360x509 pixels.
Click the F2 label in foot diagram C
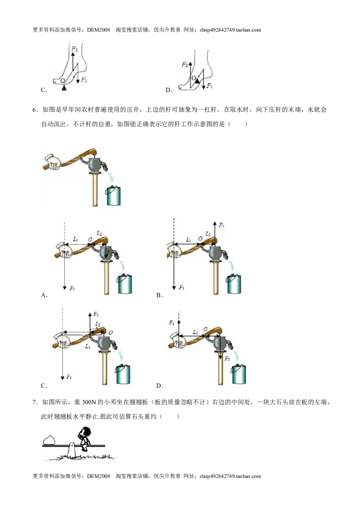74,49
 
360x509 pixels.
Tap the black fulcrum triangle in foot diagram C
64,88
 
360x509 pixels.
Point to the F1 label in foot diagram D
210,86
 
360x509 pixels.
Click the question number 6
35,110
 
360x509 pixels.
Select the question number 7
35,402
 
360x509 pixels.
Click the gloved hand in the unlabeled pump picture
53,161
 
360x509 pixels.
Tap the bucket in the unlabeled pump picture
113,195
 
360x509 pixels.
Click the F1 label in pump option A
72,288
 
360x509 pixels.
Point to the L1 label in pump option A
76,239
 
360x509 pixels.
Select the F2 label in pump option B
221,225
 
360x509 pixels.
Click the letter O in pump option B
200,239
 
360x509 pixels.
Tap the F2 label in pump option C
96,314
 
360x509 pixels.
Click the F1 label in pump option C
69,377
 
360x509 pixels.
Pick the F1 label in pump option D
171,323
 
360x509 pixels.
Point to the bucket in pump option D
238,374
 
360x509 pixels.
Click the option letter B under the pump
159,295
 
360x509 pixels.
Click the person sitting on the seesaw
84,438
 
